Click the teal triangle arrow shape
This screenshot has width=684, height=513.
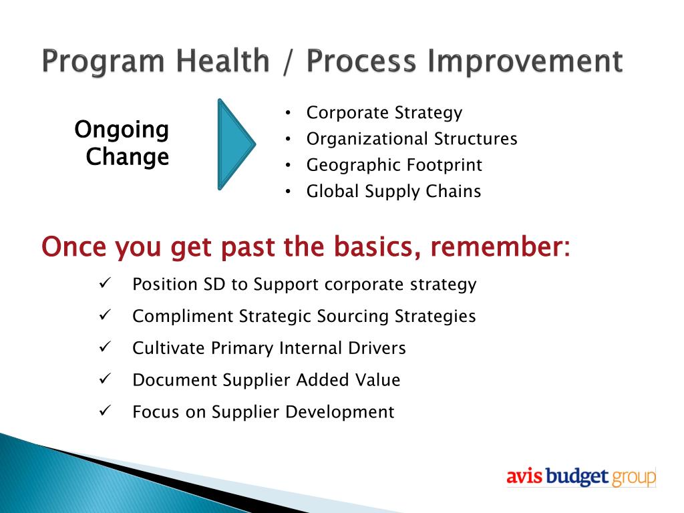(234, 144)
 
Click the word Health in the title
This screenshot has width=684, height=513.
(222, 61)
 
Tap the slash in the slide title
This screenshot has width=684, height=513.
(287, 61)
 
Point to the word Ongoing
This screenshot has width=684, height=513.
(122, 130)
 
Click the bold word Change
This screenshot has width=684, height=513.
(128, 157)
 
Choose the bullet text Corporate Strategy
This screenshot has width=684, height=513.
(384, 113)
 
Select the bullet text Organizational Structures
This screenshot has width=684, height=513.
(411, 139)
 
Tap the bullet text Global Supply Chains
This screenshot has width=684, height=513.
(393, 192)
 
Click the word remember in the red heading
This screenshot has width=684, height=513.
(500, 246)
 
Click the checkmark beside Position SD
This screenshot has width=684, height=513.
(105, 283)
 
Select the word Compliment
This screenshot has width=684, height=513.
(183, 316)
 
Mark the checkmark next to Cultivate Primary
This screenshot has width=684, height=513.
(105, 347)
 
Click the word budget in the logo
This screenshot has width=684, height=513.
(576, 476)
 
